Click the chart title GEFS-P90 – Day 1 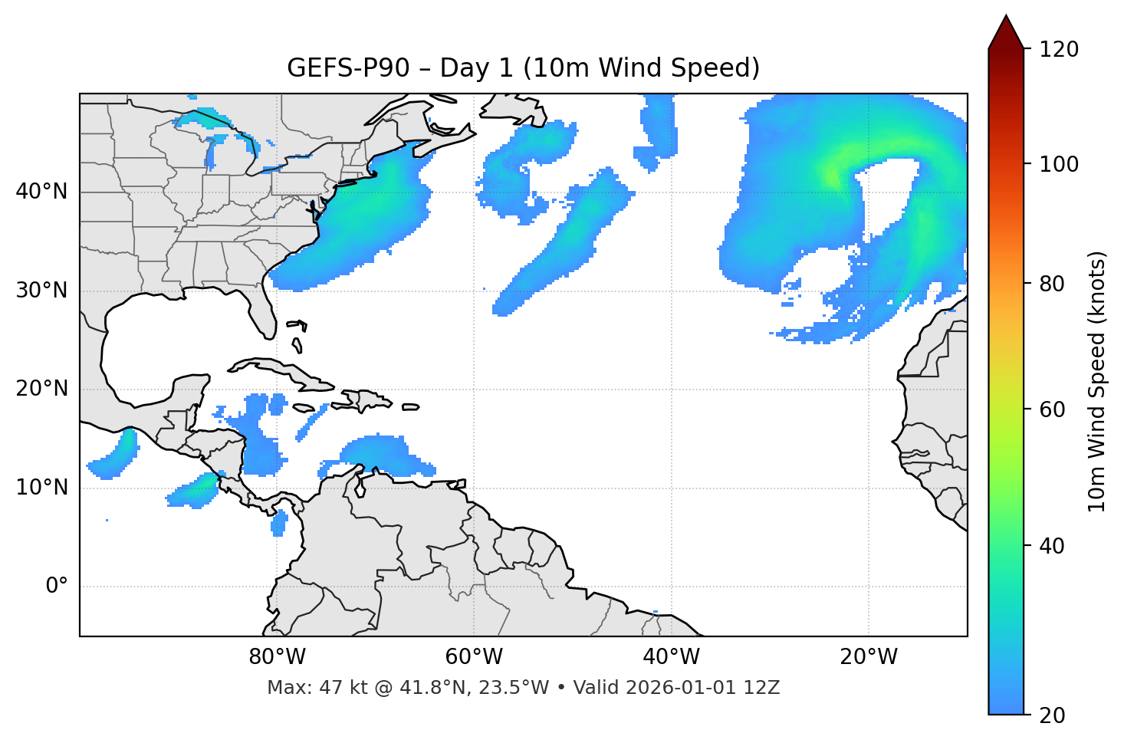[x=523, y=68]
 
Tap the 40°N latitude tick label [x=41, y=192]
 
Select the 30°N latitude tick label [x=41, y=291]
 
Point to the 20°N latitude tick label [x=41, y=389]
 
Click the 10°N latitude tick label [x=41, y=488]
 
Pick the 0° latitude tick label [x=57, y=587]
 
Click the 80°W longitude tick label [x=277, y=657]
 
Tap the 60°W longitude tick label [x=474, y=657]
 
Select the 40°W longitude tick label [x=671, y=657]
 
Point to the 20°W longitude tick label [x=869, y=657]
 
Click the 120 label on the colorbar [x=1059, y=49]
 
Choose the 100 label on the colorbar [x=1059, y=164]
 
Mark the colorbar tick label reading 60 [x=1053, y=409]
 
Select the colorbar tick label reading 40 [x=1053, y=546]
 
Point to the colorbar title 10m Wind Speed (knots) [x=1097, y=382]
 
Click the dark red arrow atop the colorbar [x=1006, y=32]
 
